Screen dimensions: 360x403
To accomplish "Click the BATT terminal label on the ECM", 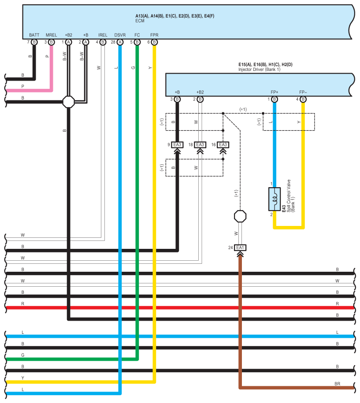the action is click(x=34, y=35).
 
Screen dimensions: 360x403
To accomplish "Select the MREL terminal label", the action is click(x=51, y=35).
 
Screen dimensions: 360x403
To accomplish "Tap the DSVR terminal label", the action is click(x=120, y=35).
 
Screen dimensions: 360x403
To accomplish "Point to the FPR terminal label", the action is click(x=154, y=35).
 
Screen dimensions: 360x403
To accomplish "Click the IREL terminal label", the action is click(x=103, y=35).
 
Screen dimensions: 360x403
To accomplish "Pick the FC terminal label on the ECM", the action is click(x=137, y=35).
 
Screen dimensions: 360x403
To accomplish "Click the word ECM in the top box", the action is click(x=140, y=21).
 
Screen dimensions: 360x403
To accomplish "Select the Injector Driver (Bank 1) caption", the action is click(x=259, y=70).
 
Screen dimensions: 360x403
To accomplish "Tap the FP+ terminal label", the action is click(x=275, y=92).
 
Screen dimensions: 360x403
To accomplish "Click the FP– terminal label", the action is click(x=303, y=92).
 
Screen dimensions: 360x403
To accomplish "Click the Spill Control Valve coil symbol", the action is click(x=275, y=199).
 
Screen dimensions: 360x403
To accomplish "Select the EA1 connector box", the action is click(x=240, y=248).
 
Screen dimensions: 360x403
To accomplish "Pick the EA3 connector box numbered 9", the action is click(x=177, y=145).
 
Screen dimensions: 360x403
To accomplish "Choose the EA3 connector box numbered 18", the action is click(x=200, y=145).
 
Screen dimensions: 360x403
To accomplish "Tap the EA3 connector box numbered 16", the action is click(x=223, y=145).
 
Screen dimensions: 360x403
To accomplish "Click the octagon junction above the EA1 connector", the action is click(x=240, y=216).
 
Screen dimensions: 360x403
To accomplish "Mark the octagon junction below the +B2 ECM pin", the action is click(x=69, y=102).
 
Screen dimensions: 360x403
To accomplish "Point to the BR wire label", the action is click(x=338, y=384).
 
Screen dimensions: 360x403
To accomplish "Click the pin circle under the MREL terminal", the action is click(x=52, y=42).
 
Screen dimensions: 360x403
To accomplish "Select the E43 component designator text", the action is click(x=284, y=208).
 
